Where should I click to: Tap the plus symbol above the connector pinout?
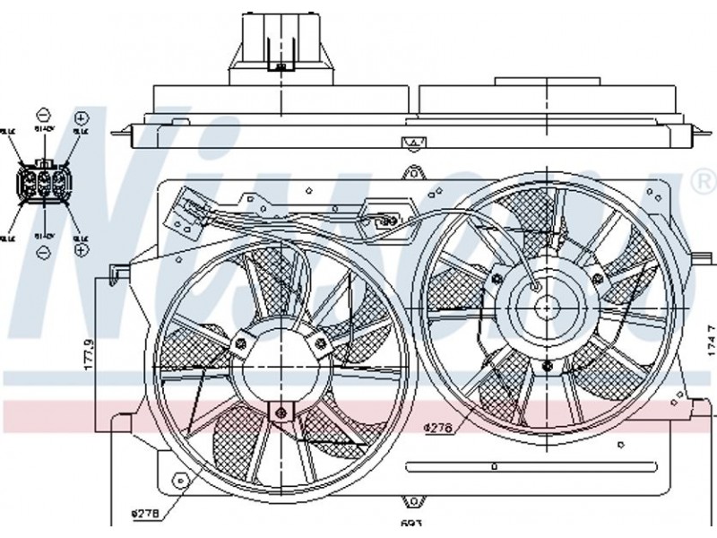coord(81,117)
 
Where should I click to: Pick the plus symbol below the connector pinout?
coord(81,251)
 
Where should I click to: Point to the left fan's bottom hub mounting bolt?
coord(280,412)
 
